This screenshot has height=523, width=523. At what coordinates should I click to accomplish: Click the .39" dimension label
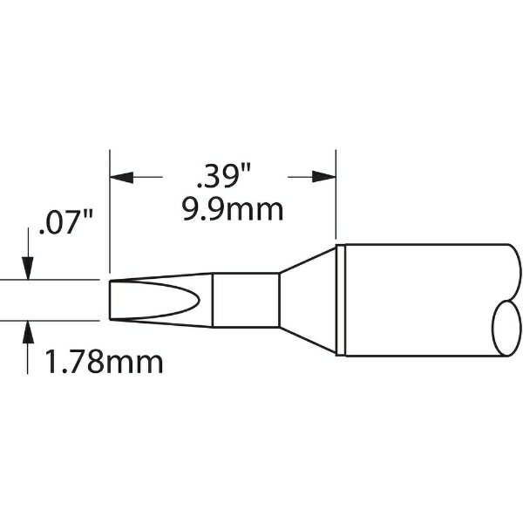224,176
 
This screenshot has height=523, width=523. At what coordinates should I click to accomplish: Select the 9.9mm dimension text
233,210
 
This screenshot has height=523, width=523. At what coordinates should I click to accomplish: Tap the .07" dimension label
66,222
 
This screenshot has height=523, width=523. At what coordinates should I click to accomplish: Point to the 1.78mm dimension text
104,362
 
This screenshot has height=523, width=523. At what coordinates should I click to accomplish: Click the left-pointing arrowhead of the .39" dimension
121,177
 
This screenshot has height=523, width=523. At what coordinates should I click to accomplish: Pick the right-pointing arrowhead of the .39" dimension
324,177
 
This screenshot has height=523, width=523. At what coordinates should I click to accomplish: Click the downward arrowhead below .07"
28,268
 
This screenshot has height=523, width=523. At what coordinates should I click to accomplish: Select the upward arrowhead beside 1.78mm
28,331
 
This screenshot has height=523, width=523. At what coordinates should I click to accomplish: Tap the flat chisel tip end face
110,300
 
